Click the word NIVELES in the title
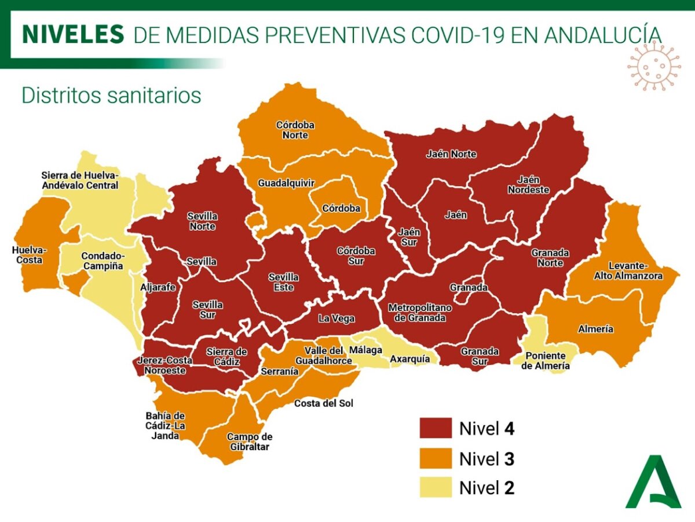coord(73,35)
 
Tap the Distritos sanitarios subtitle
coord(111,95)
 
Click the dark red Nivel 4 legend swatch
coord(436,429)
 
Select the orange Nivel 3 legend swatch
coord(436,458)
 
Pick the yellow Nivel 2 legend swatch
coord(436,488)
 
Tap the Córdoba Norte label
coord(292,130)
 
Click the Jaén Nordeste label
coord(528,185)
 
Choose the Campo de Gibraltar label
coord(249,441)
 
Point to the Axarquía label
coord(410,359)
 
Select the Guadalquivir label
coord(286,183)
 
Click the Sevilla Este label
coord(283,282)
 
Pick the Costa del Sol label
coord(323,403)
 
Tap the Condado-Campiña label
coord(102,260)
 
